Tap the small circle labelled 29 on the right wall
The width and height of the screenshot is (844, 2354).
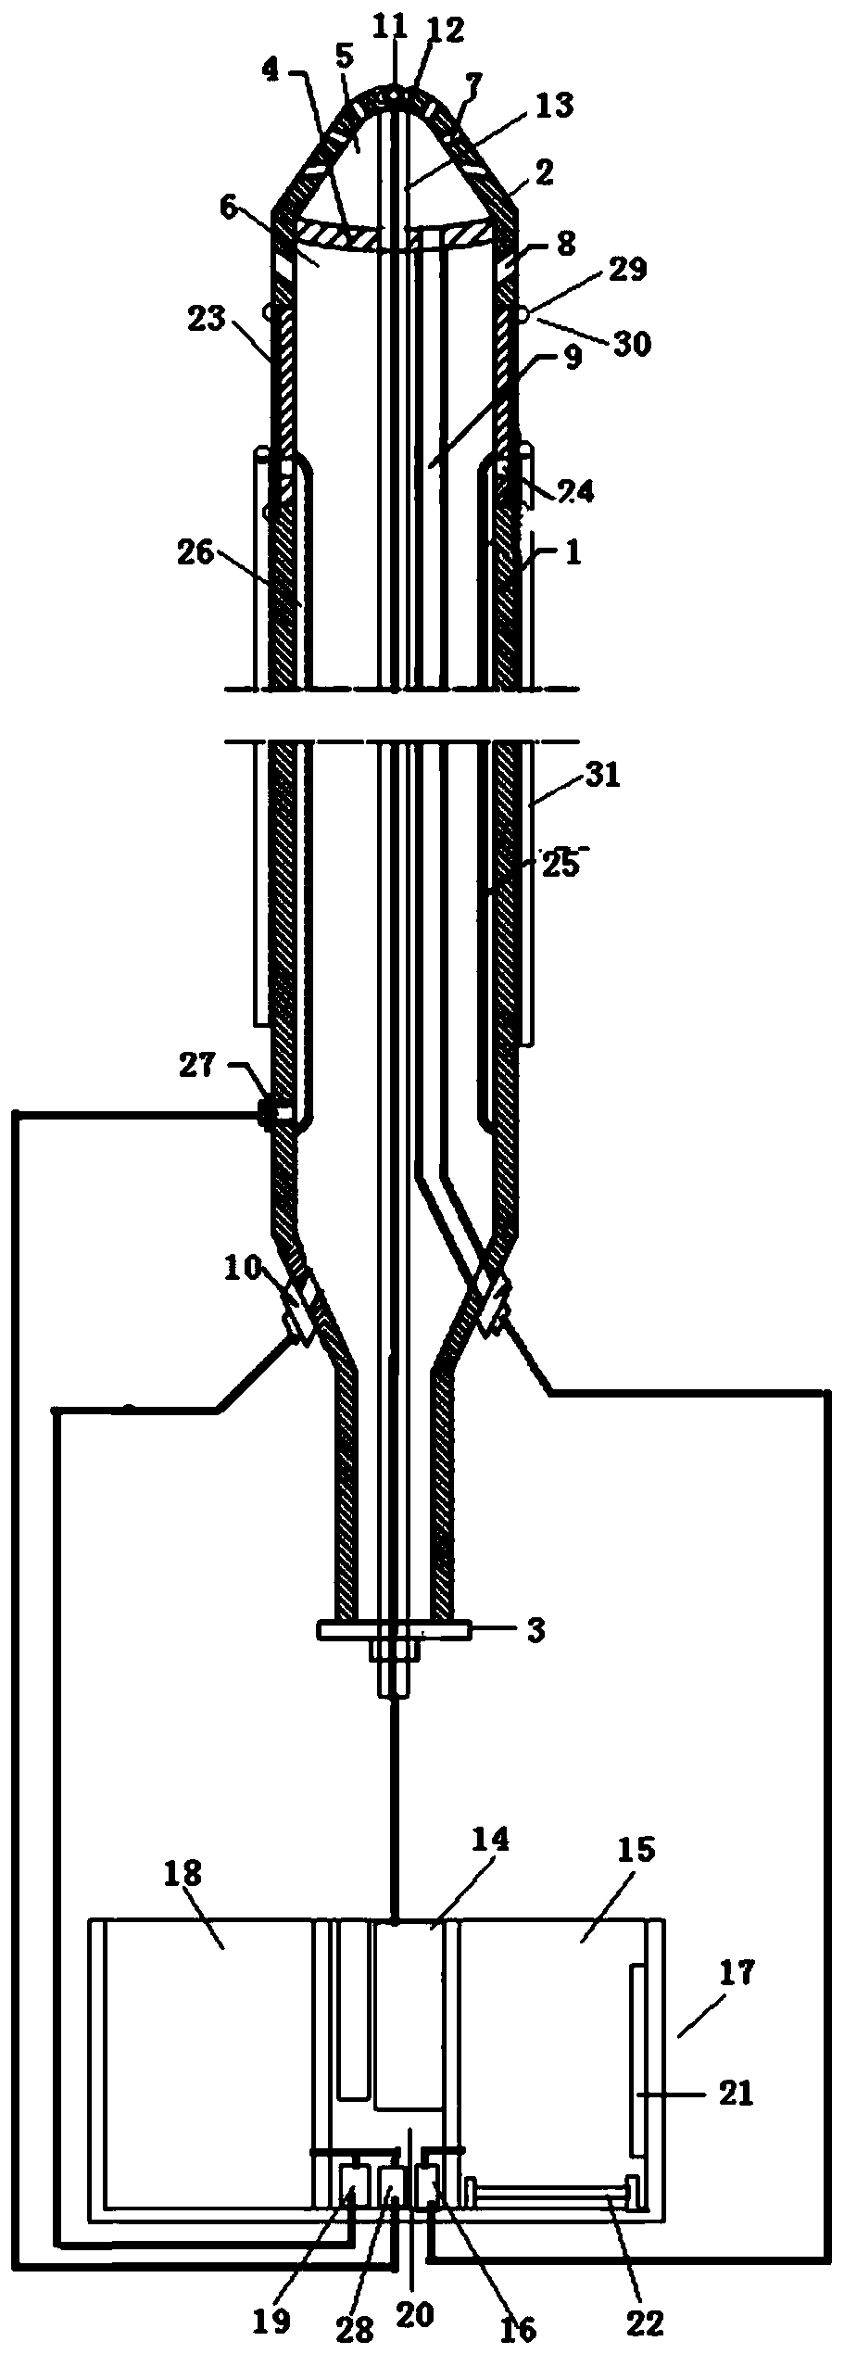524,315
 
